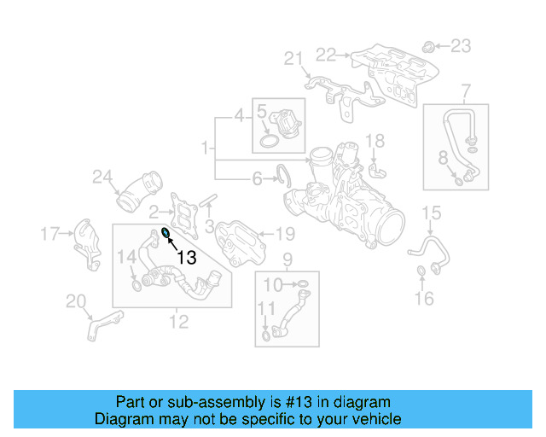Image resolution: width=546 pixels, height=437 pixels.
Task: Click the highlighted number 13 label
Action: pos(186,257)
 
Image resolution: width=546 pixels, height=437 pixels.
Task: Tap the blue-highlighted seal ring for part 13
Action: pos(166,234)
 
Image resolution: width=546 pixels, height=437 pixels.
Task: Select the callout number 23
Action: pos(460,45)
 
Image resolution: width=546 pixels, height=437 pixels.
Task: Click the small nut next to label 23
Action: pos(430,44)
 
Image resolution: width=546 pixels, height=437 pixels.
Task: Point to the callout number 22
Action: pos(326,55)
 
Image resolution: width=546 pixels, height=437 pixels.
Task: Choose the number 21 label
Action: pos(293,58)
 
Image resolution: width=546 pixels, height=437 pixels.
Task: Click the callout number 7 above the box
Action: pos(466,90)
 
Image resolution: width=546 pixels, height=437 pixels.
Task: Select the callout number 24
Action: pos(102,178)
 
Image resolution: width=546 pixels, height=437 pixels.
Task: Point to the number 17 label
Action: pos(50,232)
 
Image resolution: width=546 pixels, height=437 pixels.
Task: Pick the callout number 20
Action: pos(76,300)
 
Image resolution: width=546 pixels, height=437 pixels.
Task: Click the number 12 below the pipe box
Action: pos(178,322)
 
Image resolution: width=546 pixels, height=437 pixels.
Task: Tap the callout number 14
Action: pos(125,255)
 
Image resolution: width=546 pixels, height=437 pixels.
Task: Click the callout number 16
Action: pos(424,297)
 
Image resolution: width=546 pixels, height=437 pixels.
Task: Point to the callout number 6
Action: pos(257,178)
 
